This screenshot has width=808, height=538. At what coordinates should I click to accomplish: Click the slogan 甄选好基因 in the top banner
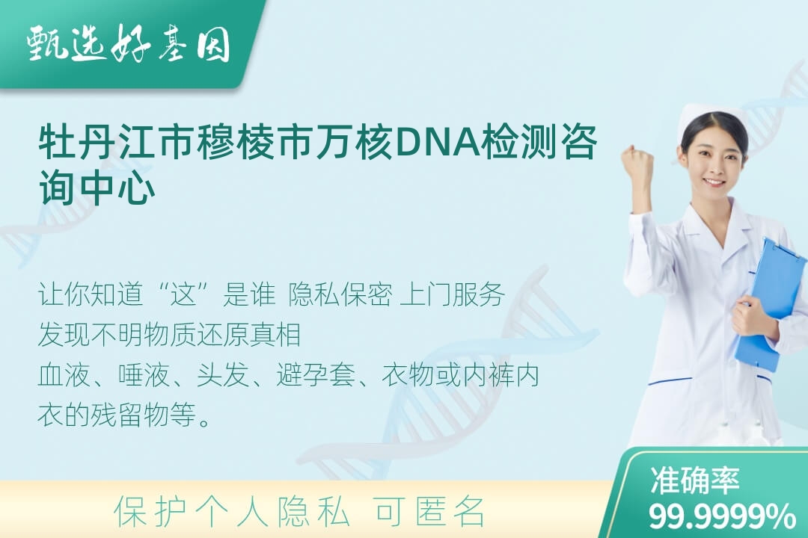[x=129, y=45]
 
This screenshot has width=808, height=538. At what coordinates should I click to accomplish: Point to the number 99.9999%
[x=722, y=516]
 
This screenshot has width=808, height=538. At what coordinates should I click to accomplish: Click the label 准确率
[x=694, y=480]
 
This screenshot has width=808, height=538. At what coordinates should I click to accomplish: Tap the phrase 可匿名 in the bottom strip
[x=429, y=512]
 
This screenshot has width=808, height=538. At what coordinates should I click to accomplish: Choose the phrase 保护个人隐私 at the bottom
[x=232, y=512]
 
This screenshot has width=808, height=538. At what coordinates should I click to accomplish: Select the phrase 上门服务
[x=452, y=294]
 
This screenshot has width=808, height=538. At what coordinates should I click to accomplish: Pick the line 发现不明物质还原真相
[x=170, y=334]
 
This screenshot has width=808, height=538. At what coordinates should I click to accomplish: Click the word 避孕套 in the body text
[x=316, y=374]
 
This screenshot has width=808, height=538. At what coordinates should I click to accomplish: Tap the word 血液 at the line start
[x=64, y=374]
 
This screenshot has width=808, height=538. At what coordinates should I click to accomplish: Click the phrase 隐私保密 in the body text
[x=340, y=294]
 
